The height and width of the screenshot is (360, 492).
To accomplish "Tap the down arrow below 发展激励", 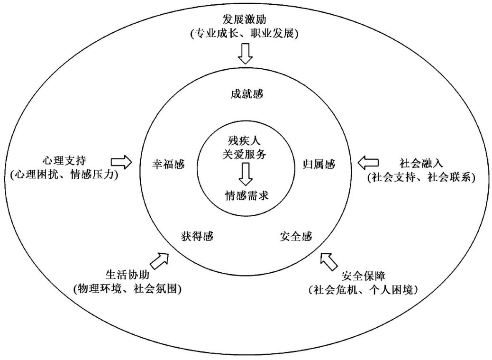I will pyautogui.click(x=246, y=54).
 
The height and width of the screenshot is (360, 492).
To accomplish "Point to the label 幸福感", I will pyautogui.click(x=168, y=164).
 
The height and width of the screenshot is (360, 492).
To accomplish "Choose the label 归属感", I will pyautogui.click(x=319, y=164).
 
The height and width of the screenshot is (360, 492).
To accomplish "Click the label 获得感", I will pyautogui.click(x=197, y=236).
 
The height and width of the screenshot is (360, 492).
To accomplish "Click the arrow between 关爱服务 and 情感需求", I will pyautogui.click(x=246, y=174).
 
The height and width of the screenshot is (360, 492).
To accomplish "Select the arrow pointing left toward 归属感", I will pyautogui.click(x=368, y=163).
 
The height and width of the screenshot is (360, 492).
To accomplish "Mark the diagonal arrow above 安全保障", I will pyautogui.click(x=328, y=260).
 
